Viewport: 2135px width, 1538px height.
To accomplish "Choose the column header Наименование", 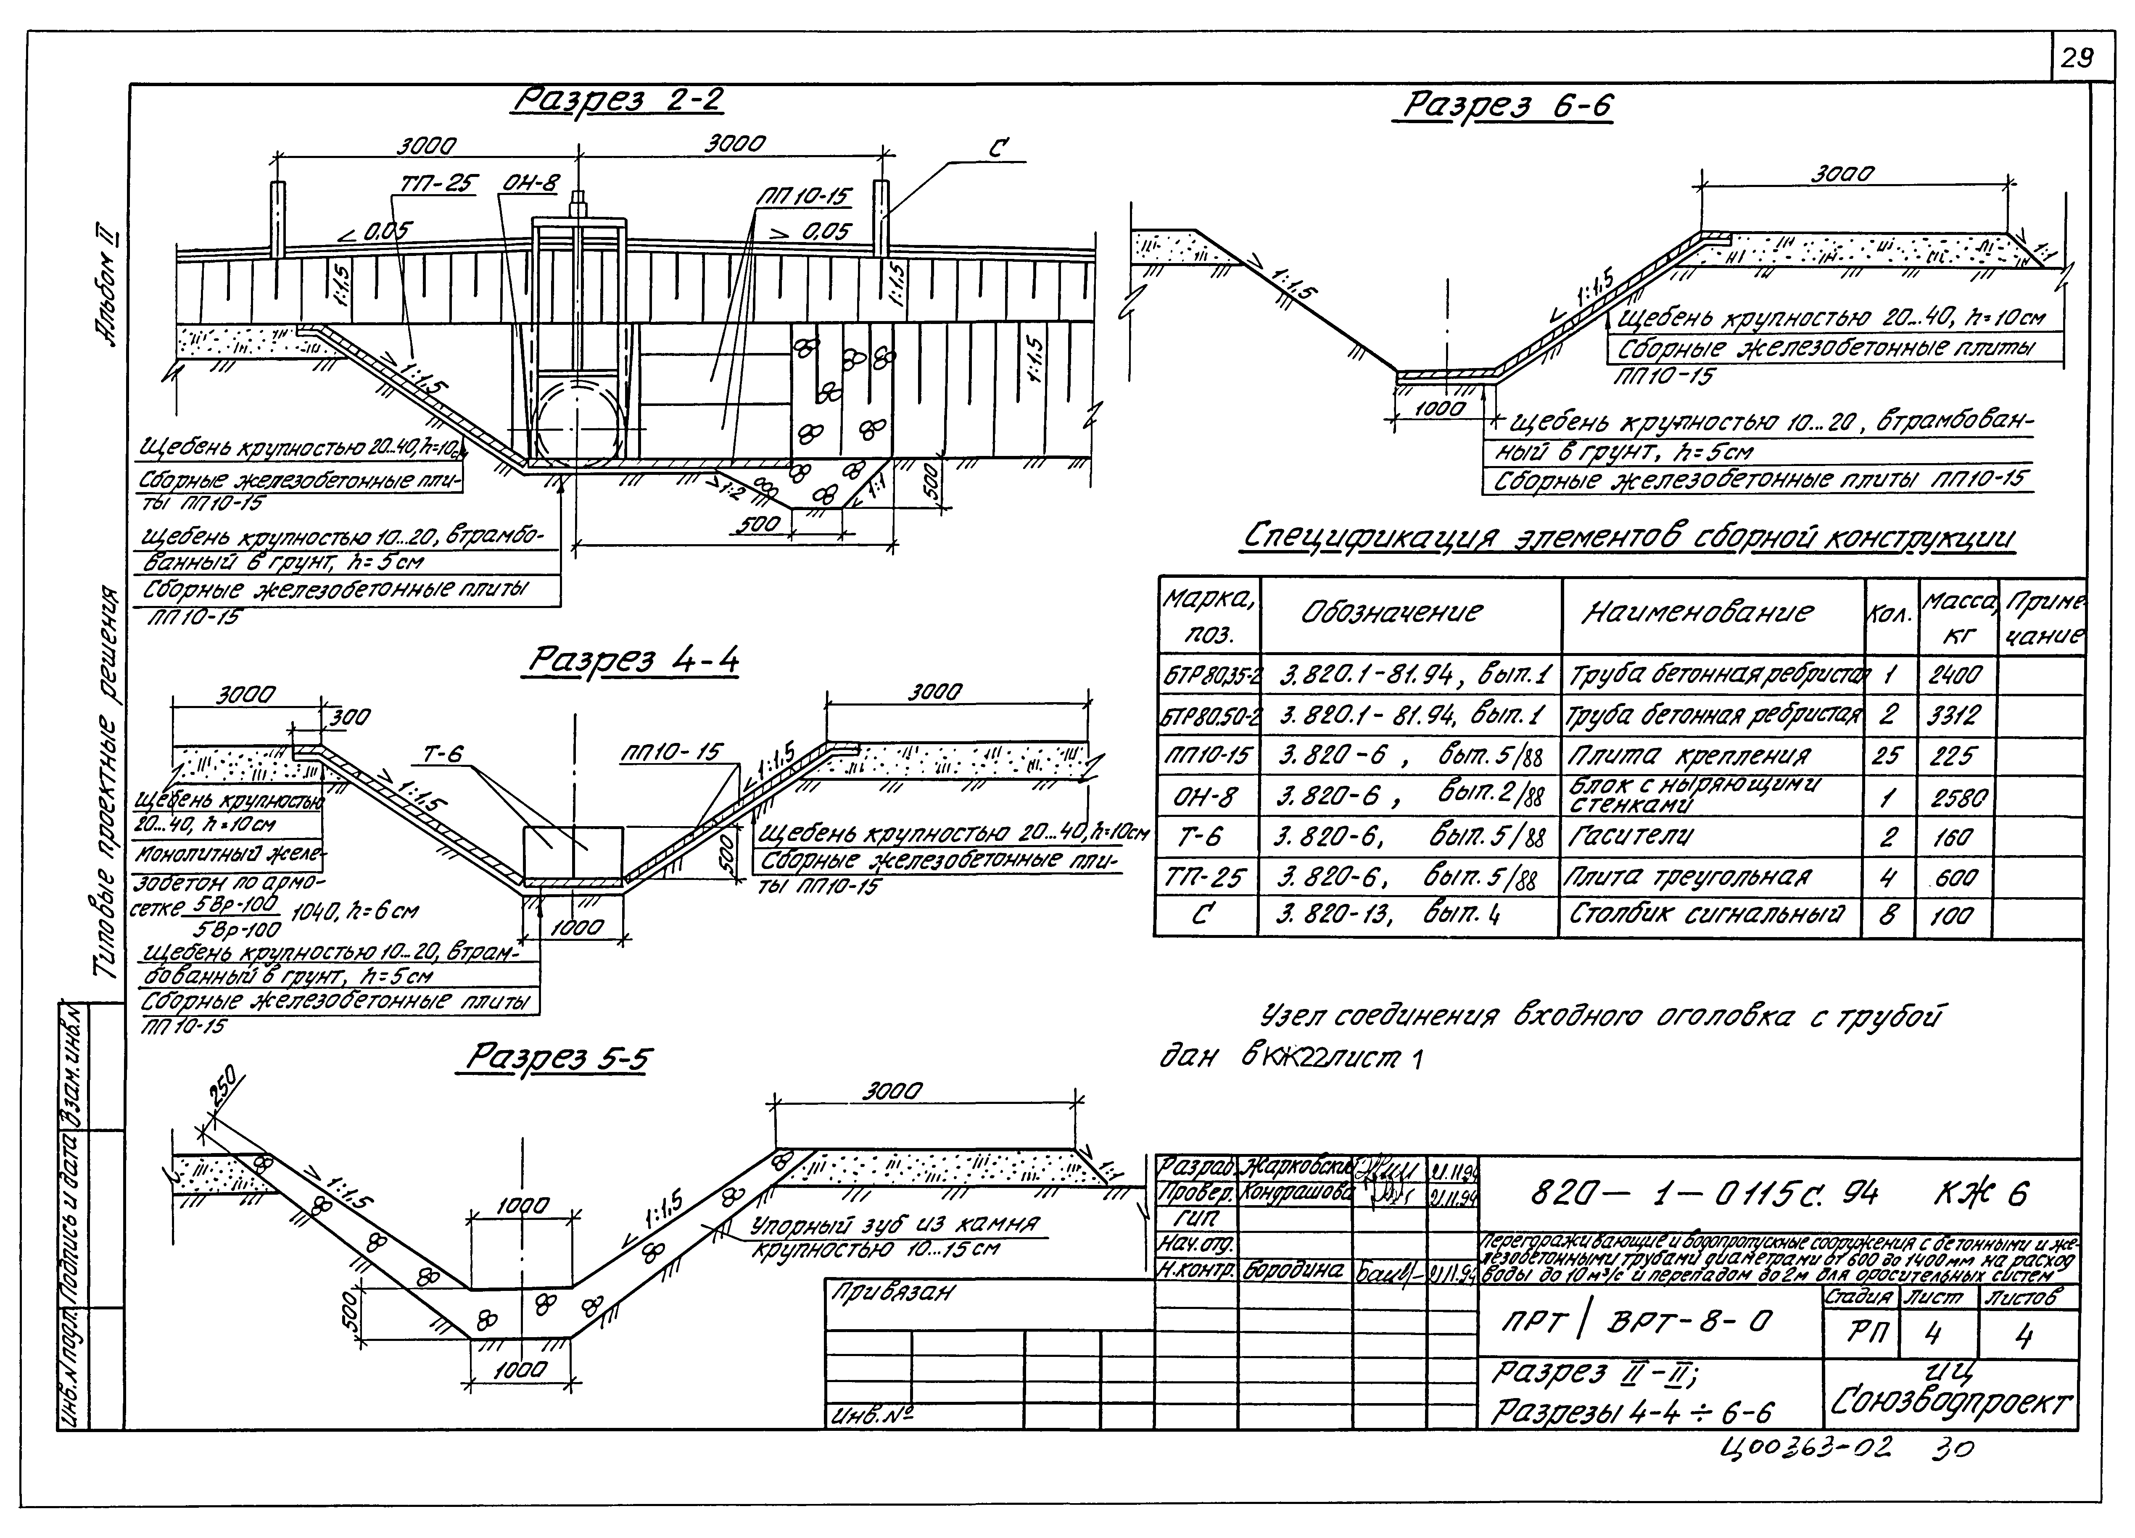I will click(1697, 613).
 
